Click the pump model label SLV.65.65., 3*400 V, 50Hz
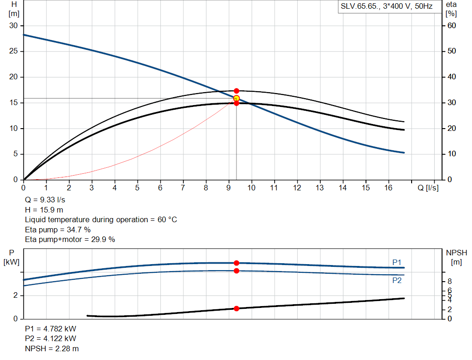386,7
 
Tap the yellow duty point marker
236,98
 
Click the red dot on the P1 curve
236,263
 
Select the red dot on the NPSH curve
236,308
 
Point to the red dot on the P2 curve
236,271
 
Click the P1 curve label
397,262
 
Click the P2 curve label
397,280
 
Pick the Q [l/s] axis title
428,188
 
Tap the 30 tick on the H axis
13,25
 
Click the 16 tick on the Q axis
388,188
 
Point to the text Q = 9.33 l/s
45,200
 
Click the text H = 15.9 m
44,210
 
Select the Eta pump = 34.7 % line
58,230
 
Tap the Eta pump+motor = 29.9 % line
70,239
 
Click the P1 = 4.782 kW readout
51,329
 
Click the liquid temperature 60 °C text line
100,219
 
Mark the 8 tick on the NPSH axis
449,281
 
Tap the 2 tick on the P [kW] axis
16,295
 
